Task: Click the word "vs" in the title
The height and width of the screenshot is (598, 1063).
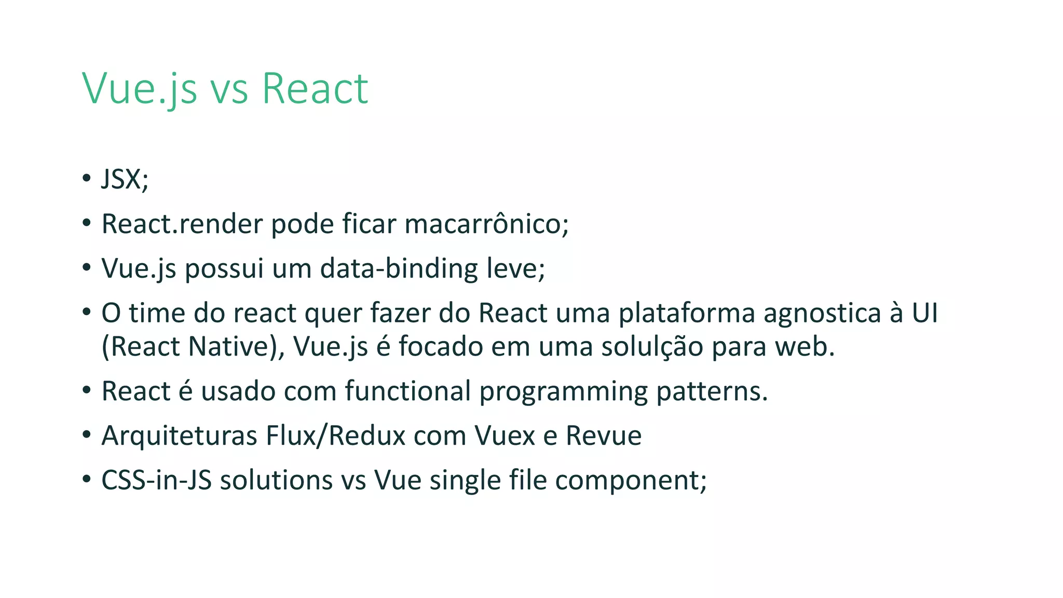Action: click(229, 89)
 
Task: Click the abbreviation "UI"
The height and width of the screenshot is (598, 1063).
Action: click(924, 314)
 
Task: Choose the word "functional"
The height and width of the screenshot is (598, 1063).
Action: click(407, 391)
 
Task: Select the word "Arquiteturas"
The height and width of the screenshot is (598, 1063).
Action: click(179, 436)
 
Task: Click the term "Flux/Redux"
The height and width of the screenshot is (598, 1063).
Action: click(335, 436)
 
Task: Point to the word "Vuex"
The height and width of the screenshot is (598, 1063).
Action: click(505, 436)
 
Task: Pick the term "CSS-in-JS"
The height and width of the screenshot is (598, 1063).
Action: click(156, 481)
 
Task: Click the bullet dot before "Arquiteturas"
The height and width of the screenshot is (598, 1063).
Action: click(86, 434)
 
